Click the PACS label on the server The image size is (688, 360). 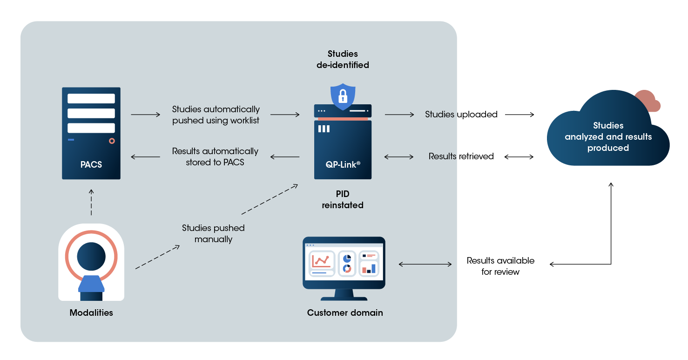coord(91,164)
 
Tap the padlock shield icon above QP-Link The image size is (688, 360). coord(343,96)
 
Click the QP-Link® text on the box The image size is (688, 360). coord(343,164)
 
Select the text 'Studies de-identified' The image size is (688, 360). coord(343,60)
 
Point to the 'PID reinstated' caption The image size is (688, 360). coord(343,199)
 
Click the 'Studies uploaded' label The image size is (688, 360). coord(461,115)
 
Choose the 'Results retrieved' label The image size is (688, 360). coord(461,156)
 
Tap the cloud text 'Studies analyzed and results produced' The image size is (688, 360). coord(608,137)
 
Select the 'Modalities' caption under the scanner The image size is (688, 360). coord(91,313)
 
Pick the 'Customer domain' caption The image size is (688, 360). coord(345,313)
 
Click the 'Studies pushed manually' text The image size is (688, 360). coord(213,234)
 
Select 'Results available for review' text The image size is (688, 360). coord(500,266)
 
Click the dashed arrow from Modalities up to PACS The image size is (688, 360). coord(91,203)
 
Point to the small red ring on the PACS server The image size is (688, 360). coord(112,141)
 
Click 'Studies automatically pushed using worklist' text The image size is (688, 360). coord(216,115)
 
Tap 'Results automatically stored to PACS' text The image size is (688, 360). coord(215,157)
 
